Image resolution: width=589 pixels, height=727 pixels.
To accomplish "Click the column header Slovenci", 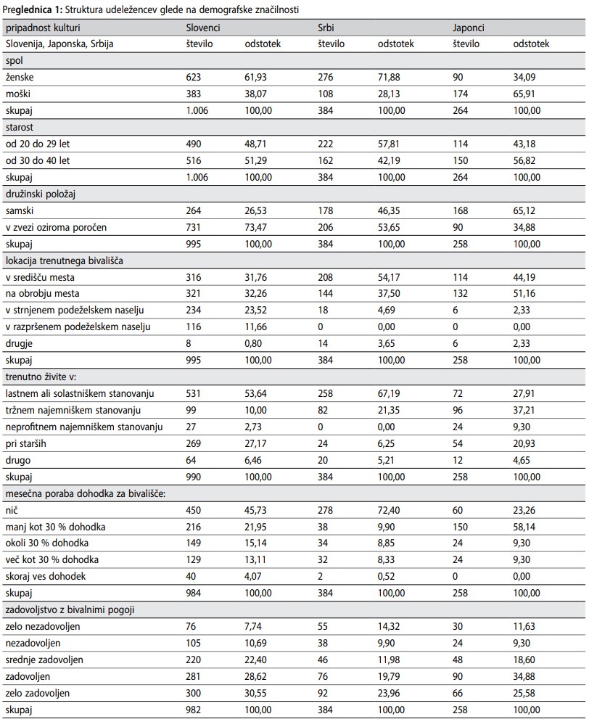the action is click(x=203, y=28).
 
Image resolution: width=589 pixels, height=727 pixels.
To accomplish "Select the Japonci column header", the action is click(x=469, y=28).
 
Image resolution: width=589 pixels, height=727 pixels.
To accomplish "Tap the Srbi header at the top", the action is click(x=326, y=28).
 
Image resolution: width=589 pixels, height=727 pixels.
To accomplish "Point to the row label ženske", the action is click(x=20, y=77).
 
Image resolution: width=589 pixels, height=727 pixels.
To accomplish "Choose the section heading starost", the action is click(x=20, y=127).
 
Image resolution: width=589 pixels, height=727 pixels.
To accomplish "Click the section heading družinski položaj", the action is click(x=41, y=194).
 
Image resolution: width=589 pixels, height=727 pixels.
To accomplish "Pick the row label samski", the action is click(x=20, y=210).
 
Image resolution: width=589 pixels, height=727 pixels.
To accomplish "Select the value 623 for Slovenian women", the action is click(x=194, y=77).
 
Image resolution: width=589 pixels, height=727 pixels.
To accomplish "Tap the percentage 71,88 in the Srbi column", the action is click(x=389, y=77).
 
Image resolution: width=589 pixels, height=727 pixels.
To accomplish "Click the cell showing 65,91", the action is click(x=524, y=94).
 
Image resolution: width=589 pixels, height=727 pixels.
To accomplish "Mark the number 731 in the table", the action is click(x=194, y=227).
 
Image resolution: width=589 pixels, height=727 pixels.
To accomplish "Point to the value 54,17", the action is click(x=389, y=277).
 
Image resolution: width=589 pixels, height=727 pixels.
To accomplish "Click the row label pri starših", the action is click(x=26, y=443).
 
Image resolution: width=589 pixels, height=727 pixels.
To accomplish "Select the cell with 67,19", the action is click(x=389, y=393).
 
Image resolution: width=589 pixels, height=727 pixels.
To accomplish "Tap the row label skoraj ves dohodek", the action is click(x=46, y=576).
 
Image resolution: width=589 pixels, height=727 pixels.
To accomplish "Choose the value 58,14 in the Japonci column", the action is click(x=524, y=527).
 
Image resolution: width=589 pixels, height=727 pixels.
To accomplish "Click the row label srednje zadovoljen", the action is click(x=44, y=660).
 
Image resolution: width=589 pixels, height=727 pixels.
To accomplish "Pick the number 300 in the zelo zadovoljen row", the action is click(x=194, y=693).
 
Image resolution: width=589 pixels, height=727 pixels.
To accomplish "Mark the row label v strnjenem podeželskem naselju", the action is click(x=75, y=310).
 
